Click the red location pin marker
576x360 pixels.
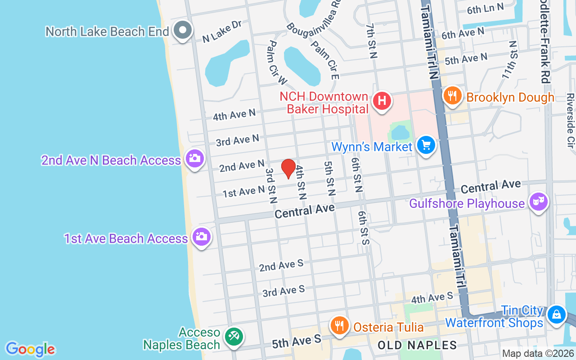tap(288, 168)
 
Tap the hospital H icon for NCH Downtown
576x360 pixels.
tap(382, 99)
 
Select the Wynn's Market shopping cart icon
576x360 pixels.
tap(425, 145)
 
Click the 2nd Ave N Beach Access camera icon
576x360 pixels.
tap(194, 158)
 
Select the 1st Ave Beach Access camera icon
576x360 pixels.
tap(201, 236)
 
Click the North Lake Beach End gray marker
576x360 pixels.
tap(183, 30)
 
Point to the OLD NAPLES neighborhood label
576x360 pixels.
tap(417, 346)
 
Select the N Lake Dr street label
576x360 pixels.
tap(222, 31)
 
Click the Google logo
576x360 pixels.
tap(30, 349)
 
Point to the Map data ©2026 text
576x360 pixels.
tap(538, 354)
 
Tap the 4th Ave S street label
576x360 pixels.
tap(432, 297)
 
